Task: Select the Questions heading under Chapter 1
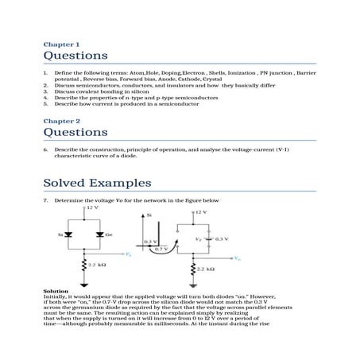tap(75, 56)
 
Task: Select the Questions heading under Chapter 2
tap(75, 132)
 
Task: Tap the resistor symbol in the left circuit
tap(83, 265)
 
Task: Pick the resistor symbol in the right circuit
tap(193, 269)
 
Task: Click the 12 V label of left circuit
tap(91, 207)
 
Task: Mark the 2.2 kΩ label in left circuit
tap(98, 265)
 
